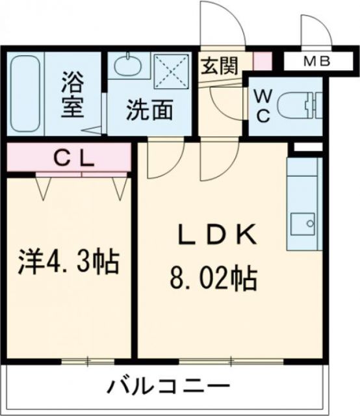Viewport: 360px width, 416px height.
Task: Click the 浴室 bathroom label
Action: point(73,96)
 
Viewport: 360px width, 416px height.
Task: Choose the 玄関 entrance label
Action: point(219,66)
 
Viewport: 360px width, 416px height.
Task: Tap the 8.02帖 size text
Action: point(212,281)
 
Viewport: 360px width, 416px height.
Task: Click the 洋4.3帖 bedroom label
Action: point(68,263)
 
